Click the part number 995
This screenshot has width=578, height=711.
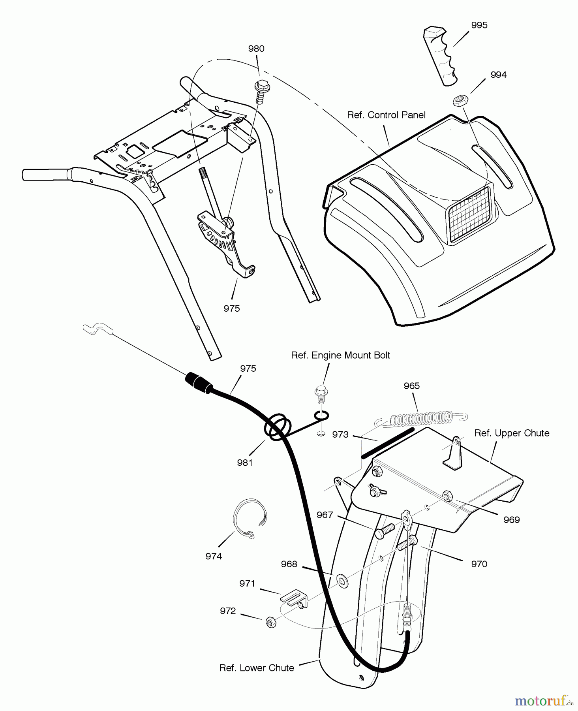[479, 25]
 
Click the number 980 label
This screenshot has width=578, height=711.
[256, 49]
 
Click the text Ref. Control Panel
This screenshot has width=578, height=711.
[386, 115]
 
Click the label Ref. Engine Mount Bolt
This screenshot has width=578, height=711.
[340, 355]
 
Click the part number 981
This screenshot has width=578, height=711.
[245, 463]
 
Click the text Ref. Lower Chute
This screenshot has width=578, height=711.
[257, 668]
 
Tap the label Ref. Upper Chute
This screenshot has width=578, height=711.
[511, 433]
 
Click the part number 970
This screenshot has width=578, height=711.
[479, 564]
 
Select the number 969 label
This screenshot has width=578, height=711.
[511, 520]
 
